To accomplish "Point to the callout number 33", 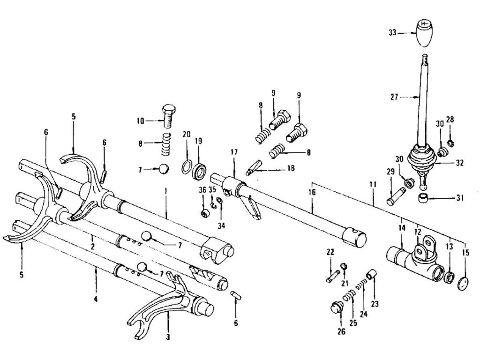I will tap(393, 33).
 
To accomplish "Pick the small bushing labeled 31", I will tap(424, 198).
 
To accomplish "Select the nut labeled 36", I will tap(204, 214).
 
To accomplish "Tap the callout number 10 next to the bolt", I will tap(140, 121).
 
